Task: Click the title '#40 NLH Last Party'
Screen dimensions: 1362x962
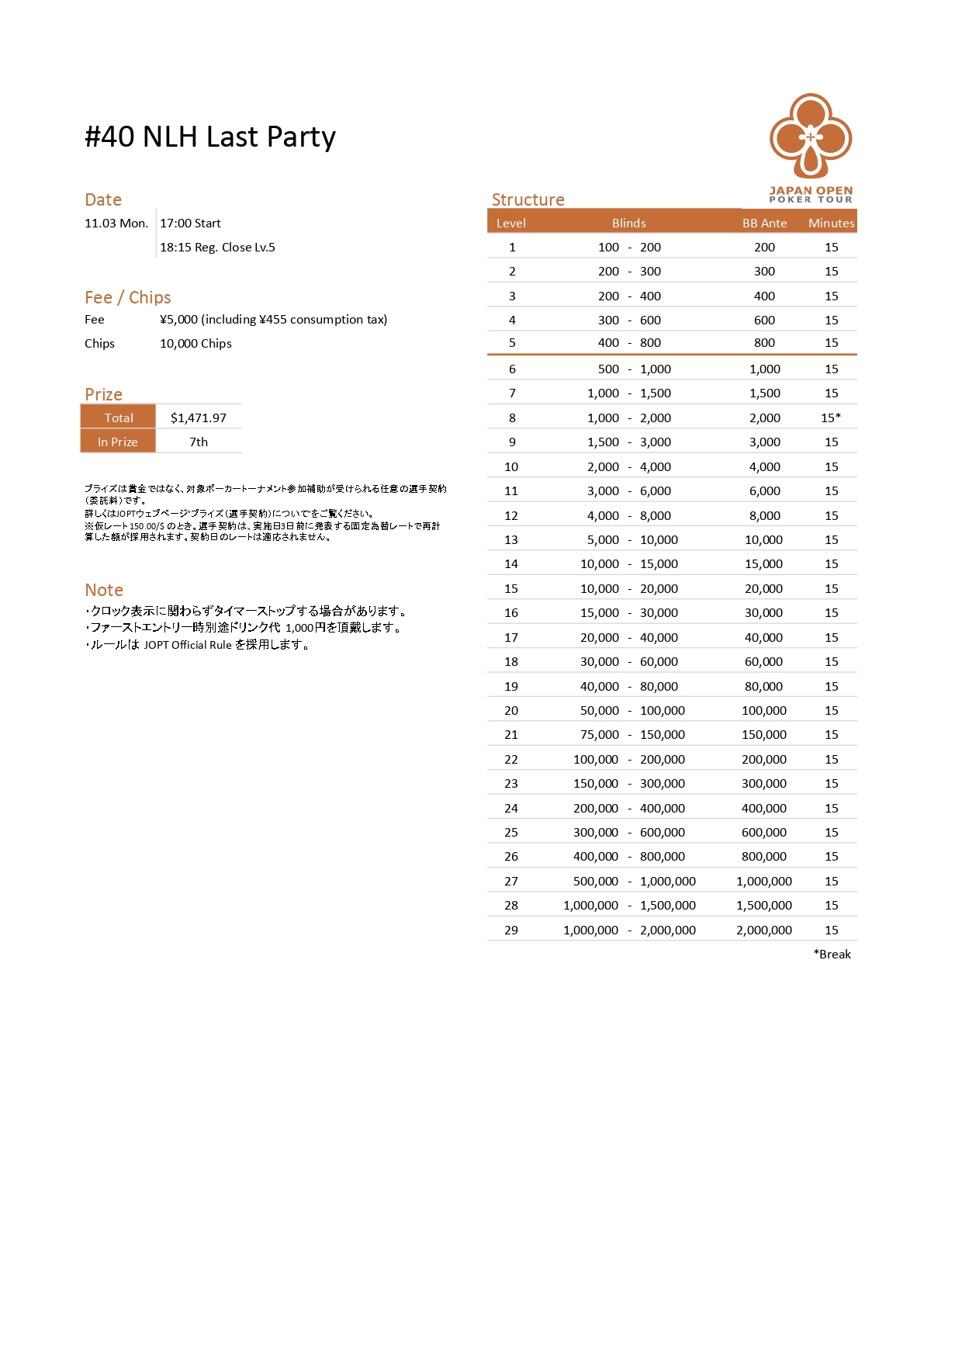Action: coord(210,137)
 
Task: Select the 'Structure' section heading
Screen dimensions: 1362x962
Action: coord(528,199)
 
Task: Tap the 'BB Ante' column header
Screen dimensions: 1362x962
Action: coord(764,223)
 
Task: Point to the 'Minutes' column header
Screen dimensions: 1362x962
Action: coord(831,223)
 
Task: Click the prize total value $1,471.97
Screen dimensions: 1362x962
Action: coord(199,418)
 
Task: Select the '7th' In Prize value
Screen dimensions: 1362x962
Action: coord(199,442)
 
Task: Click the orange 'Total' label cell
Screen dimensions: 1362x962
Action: coord(119,418)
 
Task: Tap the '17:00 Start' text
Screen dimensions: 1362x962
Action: coord(190,223)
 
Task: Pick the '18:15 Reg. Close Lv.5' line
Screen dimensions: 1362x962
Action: coord(217,247)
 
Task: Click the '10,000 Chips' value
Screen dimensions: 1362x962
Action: coord(196,343)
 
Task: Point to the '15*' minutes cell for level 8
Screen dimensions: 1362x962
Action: coord(831,418)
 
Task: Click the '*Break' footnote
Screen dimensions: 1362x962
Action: coord(832,954)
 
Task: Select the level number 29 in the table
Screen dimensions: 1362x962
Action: coord(511,930)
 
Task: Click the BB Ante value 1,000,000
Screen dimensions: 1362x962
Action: coord(764,881)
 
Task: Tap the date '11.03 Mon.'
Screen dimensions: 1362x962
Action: coord(116,223)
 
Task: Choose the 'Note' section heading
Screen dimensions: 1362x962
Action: coord(104,590)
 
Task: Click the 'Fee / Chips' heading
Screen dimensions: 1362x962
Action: coord(127,297)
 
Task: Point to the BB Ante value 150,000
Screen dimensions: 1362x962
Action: coord(764,734)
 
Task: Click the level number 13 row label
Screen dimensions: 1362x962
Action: coord(511,539)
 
